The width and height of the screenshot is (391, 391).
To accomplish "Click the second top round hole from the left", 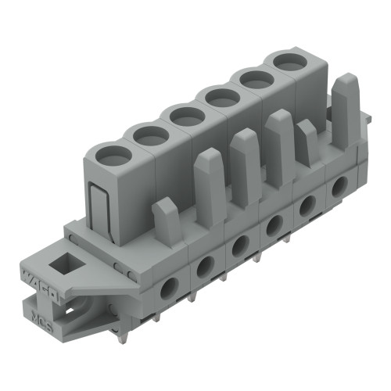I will (x=149, y=135).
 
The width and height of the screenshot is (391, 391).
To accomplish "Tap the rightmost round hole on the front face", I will (x=339, y=186).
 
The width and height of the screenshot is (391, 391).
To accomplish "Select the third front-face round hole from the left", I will (x=239, y=247).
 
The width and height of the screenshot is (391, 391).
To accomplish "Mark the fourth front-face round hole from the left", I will (x=274, y=226).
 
